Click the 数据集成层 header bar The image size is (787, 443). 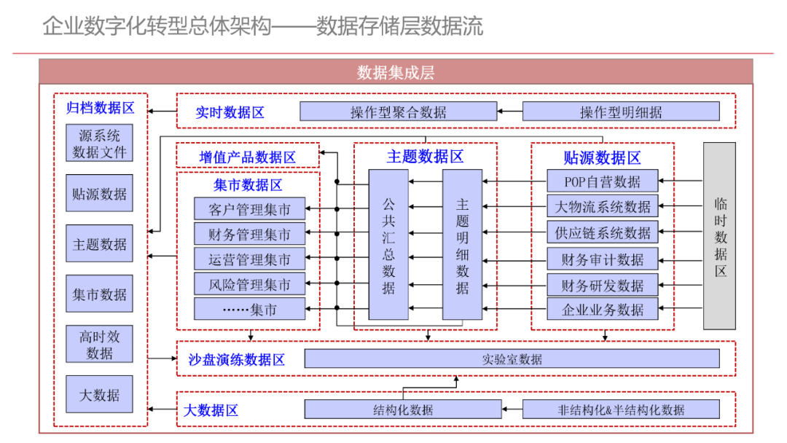[396, 72]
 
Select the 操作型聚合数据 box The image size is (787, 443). [398, 111]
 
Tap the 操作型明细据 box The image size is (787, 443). [620, 111]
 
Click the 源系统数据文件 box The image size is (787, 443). [99, 144]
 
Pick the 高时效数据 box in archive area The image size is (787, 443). [99, 344]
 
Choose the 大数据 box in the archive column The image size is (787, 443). [99, 396]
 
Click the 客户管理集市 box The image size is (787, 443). [249, 209]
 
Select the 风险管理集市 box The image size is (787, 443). [249, 284]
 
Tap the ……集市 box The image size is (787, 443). [249, 309]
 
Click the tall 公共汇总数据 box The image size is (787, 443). [388, 245]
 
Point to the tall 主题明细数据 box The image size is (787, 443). [462, 245]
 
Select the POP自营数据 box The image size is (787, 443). [602, 181]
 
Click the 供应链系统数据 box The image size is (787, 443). [602, 232]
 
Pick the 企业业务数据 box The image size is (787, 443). [602, 309]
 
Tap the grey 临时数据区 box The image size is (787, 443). [719, 236]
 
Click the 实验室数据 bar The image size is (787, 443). [512, 358]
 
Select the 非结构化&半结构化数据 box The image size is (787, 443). [620, 409]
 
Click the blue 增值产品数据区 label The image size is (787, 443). [248, 157]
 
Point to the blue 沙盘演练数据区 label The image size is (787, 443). [236, 359]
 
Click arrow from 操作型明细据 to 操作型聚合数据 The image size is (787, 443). [510, 111]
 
